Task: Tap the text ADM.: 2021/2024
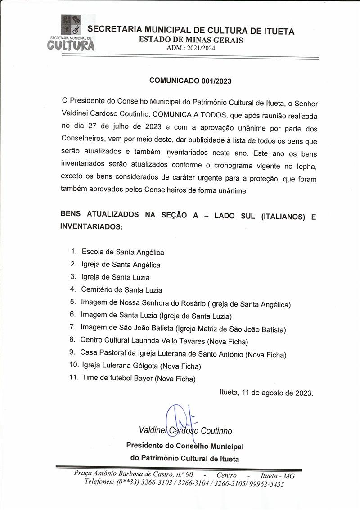coord(191,48)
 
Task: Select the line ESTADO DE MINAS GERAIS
coord(191,40)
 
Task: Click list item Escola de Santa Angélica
coord(122,252)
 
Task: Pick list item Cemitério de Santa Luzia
coord(121,290)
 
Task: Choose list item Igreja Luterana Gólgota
coord(141,366)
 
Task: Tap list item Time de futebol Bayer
coord(139,378)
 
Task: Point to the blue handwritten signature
coord(177,419)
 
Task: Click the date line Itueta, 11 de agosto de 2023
coord(266,393)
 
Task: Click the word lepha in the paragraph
coord(305,167)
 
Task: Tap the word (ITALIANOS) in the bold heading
coord(282,217)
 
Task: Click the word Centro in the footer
coord(226,475)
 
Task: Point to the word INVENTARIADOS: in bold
coord(91,227)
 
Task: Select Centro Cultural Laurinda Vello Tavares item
coord(164,341)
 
